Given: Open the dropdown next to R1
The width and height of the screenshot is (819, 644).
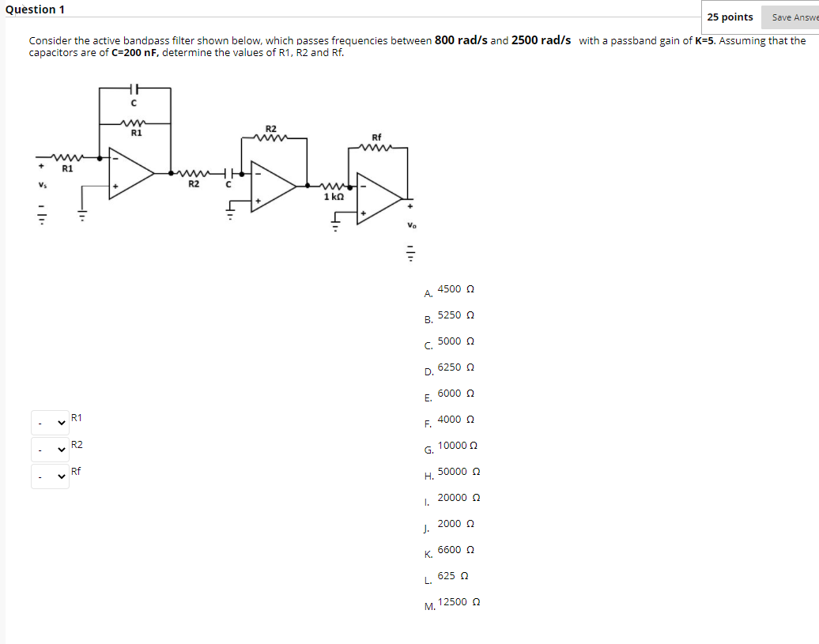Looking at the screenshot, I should tap(50, 423).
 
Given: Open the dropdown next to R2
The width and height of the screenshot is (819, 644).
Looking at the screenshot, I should tap(50, 450).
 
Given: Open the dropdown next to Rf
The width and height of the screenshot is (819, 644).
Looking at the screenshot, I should tap(50, 476).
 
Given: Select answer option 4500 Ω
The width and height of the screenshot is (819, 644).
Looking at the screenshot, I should tap(455, 289).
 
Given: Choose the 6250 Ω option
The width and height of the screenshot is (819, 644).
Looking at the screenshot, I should tap(455, 367).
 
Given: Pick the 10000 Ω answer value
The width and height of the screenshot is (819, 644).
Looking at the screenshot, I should tap(458, 446).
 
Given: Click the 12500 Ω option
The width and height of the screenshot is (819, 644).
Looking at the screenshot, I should tap(459, 602).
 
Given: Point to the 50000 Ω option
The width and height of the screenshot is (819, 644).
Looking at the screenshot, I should tap(459, 472).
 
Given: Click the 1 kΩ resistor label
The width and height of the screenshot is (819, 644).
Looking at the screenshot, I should tap(334, 196).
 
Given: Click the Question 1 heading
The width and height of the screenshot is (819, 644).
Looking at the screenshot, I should tap(35, 9).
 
